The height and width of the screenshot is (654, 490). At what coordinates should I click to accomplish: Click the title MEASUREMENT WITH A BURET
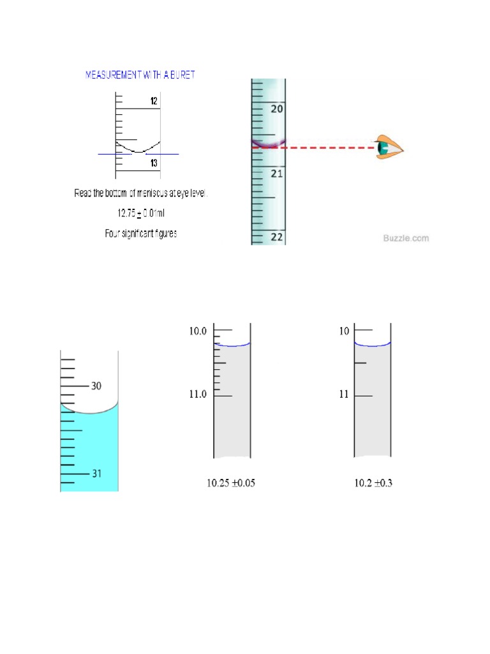[140, 75]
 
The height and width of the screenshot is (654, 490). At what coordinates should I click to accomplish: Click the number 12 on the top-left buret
[154, 101]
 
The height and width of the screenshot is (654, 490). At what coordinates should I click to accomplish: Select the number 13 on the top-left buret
[154, 163]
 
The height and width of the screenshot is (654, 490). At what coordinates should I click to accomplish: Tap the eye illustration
[389, 148]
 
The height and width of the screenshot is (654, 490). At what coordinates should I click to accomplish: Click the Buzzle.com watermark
[406, 238]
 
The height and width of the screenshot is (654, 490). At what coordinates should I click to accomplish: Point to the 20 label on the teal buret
[277, 109]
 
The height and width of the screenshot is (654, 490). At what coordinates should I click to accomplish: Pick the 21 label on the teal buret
[277, 173]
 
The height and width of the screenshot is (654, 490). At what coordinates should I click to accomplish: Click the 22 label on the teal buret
[277, 236]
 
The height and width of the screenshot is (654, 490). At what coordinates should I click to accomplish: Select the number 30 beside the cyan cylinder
[97, 386]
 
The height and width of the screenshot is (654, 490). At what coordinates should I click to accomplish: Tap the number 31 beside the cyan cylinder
[97, 473]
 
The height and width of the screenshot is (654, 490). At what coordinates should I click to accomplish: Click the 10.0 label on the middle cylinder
[198, 331]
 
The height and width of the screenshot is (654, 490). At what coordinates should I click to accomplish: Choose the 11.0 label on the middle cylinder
[198, 395]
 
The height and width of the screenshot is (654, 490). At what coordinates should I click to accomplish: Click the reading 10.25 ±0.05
[230, 483]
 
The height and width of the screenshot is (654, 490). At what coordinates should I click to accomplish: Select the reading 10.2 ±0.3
[373, 483]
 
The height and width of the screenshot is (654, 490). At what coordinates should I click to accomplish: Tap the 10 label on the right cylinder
[344, 331]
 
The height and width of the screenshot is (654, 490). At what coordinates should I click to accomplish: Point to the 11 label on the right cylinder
[344, 395]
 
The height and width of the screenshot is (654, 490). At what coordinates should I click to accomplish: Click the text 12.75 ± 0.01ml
[141, 213]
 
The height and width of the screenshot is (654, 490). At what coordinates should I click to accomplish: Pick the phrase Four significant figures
[141, 234]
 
